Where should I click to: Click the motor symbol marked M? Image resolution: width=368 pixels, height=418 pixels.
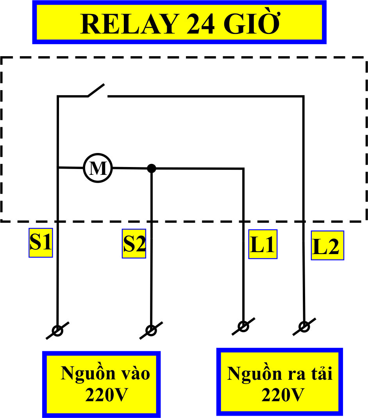click(98, 168)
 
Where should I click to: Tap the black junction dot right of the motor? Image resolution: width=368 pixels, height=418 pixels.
click(152, 169)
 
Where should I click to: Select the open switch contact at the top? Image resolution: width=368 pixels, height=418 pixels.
click(97, 91)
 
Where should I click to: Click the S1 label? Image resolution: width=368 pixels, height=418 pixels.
click(41, 243)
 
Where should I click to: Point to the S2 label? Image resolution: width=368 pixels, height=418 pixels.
click(134, 244)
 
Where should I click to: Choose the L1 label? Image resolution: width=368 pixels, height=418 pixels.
click(263, 245)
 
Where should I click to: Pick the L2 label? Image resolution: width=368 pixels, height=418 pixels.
click(327, 246)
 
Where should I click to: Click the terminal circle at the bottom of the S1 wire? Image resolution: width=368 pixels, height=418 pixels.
click(57, 331)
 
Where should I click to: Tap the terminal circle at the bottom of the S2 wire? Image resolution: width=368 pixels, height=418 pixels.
click(151, 331)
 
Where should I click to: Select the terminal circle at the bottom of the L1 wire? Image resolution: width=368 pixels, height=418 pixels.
click(243, 326)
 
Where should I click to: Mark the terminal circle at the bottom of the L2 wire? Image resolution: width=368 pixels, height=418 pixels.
click(304, 326)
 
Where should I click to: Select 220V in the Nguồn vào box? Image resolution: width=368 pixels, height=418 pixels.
click(107, 395)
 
